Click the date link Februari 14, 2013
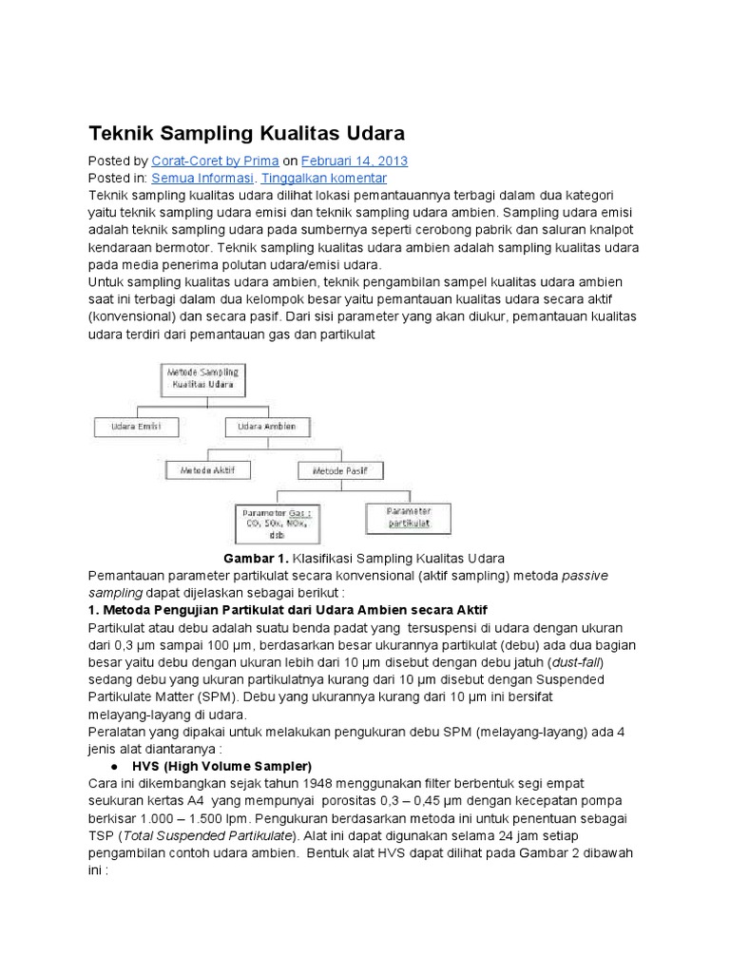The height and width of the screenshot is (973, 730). click(x=355, y=161)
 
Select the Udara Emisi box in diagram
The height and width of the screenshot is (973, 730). click(x=136, y=428)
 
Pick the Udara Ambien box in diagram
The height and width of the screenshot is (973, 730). click(x=262, y=428)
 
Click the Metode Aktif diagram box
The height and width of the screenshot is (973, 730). click(x=207, y=469)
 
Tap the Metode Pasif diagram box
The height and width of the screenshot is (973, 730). click(x=341, y=469)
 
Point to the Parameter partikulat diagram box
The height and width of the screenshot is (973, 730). click(x=409, y=517)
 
